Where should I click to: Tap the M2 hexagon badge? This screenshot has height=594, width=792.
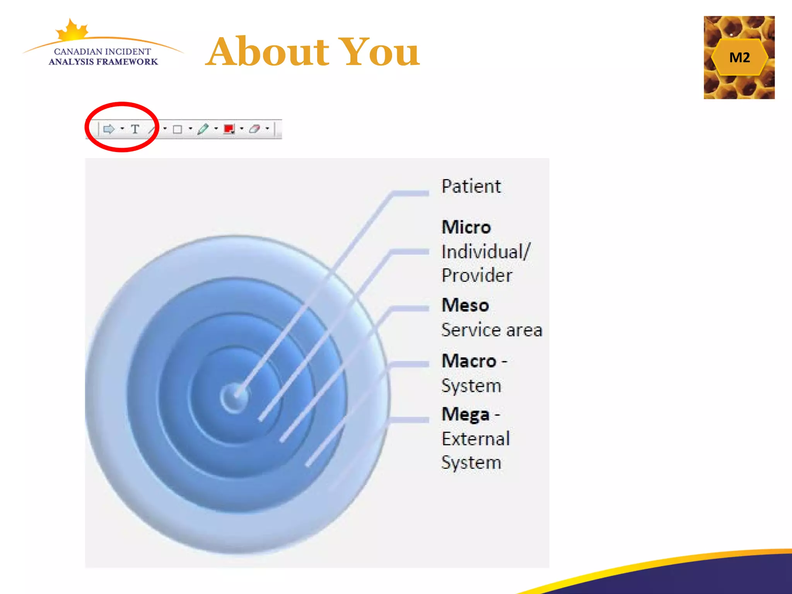pyautogui.click(x=739, y=57)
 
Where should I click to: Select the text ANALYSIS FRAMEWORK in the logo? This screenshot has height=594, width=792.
pyautogui.click(x=103, y=62)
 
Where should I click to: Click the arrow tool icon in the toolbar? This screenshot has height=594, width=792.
pyautogui.click(x=109, y=129)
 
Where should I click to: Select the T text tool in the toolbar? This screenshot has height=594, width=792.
pyautogui.click(x=135, y=129)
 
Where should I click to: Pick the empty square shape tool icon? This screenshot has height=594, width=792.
pyautogui.click(x=178, y=129)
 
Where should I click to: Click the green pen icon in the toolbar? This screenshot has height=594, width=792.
pyautogui.click(x=203, y=129)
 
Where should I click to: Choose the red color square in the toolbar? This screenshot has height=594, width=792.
pyautogui.click(x=229, y=129)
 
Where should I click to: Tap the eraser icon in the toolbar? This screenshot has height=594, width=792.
pyautogui.click(x=254, y=129)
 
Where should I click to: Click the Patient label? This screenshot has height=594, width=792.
pyautogui.click(x=471, y=186)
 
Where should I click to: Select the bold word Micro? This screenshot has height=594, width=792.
pyautogui.click(x=466, y=227)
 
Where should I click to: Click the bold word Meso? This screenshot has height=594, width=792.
pyautogui.click(x=465, y=305)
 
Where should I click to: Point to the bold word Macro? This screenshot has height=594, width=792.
pyautogui.click(x=469, y=361)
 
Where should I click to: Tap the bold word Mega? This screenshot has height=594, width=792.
pyautogui.click(x=466, y=414)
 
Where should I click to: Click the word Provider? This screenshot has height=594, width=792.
pyautogui.click(x=477, y=275)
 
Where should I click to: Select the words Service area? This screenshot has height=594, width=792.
pyautogui.click(x=492, y=330)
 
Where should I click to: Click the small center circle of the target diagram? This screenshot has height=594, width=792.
pyautogui.click(x=234, y=398)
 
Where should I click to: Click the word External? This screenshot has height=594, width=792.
pyautogui.click(x=476, y=439)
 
